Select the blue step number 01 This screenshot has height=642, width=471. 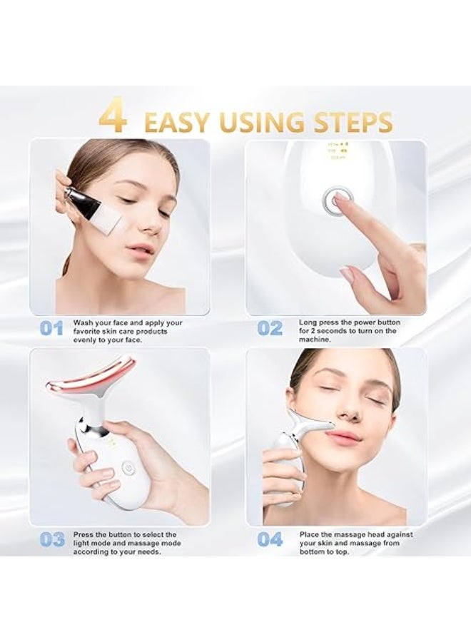point(51,329)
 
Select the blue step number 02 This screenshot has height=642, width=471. point(270,329)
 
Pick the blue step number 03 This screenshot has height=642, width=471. point(51,539)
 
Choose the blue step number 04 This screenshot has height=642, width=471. point(270,539)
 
